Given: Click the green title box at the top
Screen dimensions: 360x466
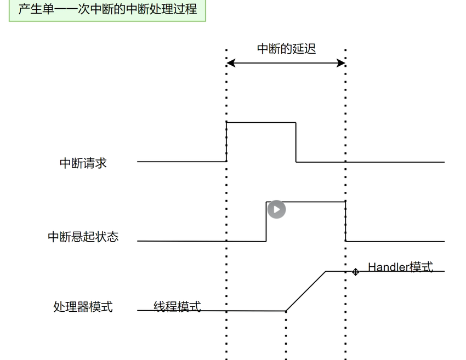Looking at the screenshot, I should pos(107,10).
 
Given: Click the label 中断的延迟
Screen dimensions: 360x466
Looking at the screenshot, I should pos(286,49).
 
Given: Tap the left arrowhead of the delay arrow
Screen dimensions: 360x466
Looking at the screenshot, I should pos(231,63).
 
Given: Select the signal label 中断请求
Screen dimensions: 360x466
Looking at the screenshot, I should pos(83,163).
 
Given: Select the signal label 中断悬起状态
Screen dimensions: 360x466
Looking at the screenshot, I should pos(83,237).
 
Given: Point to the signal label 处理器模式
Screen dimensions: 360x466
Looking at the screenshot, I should pos(83,307).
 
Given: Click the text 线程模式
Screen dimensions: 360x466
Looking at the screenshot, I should pos(177,306).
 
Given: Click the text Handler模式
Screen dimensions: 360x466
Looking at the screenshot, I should pos(400,267).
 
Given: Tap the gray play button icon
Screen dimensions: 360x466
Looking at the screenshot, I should pos(276,209).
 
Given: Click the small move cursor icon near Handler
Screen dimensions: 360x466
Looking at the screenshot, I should pos(355,271).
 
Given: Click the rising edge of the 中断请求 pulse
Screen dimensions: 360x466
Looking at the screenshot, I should pos(226,142).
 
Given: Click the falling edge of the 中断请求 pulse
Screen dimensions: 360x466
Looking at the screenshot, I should pos(296,142).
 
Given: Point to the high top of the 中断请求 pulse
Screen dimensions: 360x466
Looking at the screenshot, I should pos(261,122).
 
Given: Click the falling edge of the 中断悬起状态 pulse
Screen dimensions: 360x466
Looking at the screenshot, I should pos(345,221).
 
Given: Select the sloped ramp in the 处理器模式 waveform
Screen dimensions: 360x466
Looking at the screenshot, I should pos(306,291).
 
